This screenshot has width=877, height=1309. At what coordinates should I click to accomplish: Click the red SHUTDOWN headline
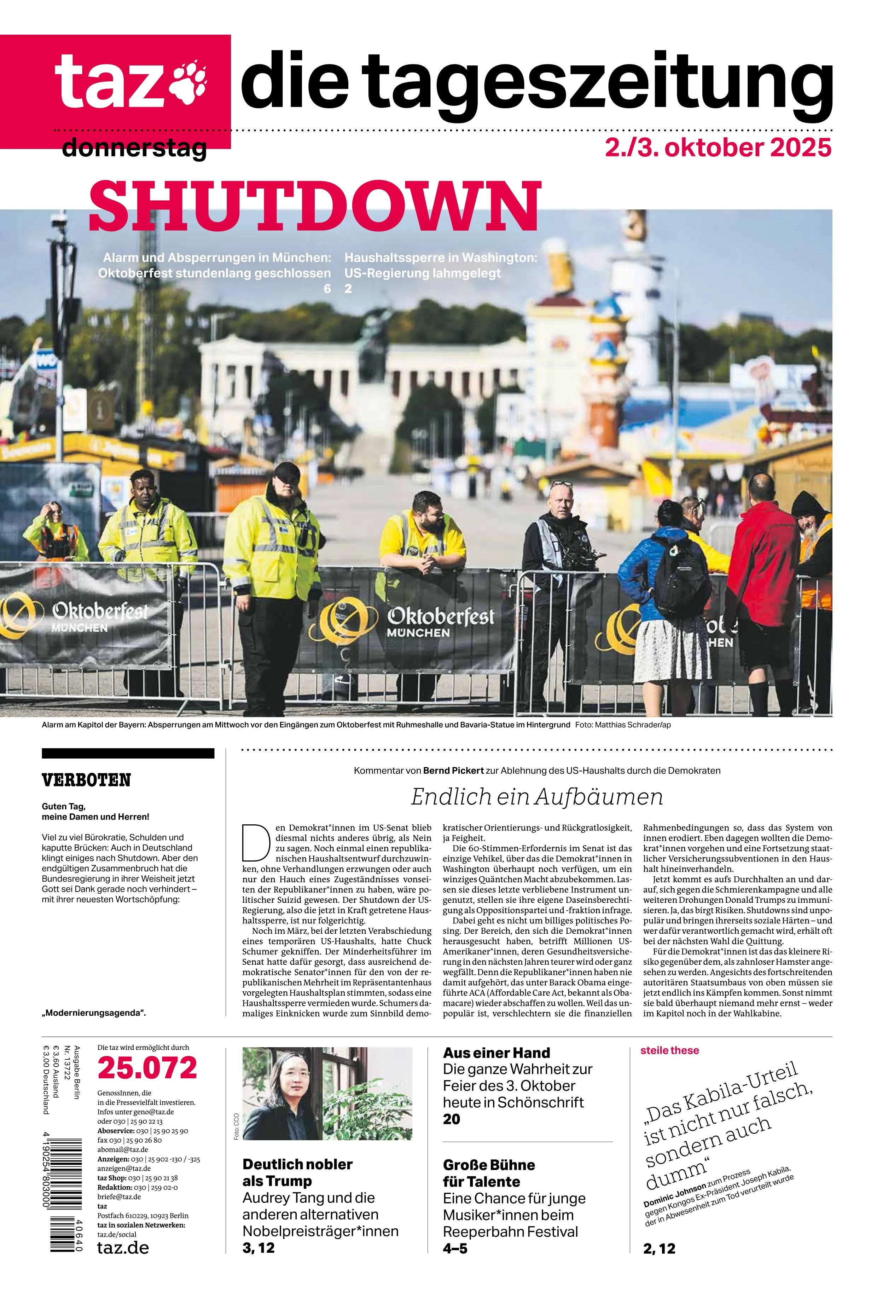[315, 206]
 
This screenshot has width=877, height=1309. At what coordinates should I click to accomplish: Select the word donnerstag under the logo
[134, 148]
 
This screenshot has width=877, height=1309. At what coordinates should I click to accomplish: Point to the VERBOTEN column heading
[86, 780]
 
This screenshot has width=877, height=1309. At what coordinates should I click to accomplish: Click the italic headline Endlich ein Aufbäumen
[536, 797]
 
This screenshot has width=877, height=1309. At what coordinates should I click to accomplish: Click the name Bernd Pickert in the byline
[453, 770]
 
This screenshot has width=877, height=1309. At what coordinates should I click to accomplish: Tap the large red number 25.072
[147, 1068]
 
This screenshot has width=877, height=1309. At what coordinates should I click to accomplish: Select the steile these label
[669, 1050]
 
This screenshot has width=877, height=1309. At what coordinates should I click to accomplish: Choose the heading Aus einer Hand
[496, 1053]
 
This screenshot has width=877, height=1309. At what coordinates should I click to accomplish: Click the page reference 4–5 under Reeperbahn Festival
[455, 1248]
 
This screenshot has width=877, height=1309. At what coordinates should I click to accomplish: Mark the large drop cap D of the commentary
[256, 842]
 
